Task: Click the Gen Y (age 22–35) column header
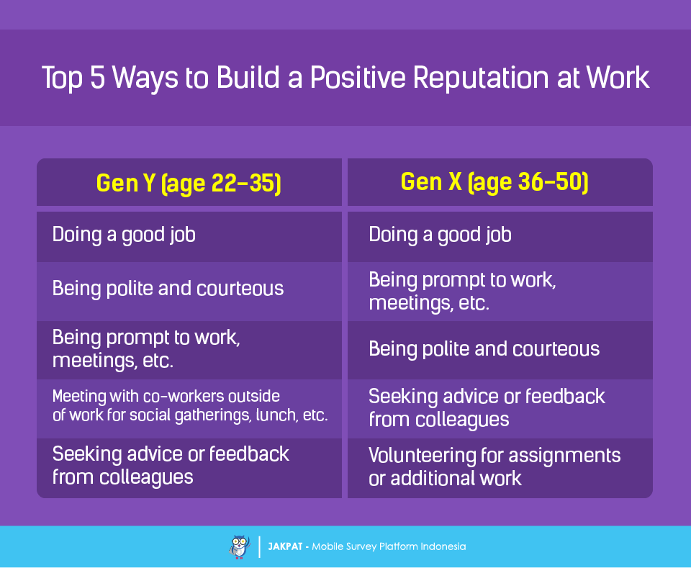pos(189,183)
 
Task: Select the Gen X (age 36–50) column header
pos(494,182)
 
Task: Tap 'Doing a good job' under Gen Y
pos(124,235)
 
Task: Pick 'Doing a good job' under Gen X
pos(441,235)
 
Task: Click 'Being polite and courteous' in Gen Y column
pos(168,289)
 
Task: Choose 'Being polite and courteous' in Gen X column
pos(484,349)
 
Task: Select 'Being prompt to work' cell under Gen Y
pos(146,349)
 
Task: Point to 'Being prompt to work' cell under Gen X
pos(462,292)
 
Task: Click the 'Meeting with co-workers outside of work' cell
pos(190,406)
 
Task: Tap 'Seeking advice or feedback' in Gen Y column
pos(171,466)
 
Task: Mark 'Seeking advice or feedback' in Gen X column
pos(487,408)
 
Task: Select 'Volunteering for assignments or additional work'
pos(494,466)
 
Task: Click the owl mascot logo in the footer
pos(239,547)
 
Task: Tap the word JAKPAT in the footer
pos(285,547)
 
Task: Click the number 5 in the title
pos(97,78)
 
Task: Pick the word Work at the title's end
pos(618,78)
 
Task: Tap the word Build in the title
pos(248,78)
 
